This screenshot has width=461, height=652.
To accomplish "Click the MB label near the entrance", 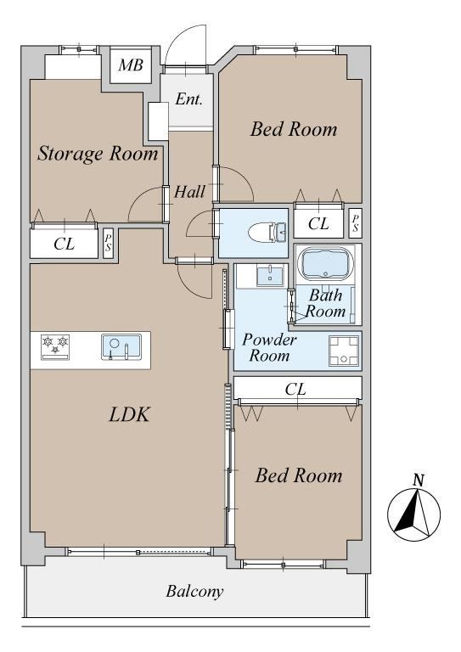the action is tap(131, 65).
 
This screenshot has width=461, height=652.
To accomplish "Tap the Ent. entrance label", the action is tap(188, 99).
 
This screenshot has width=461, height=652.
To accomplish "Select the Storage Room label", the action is tap(98, 155).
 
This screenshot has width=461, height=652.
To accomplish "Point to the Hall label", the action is tap(189, 192).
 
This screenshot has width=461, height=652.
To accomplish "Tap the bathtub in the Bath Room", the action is tap(325, 263).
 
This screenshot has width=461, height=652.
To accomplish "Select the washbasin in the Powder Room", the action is tap(270, 276).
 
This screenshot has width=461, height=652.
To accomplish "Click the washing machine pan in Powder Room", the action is tap(343, 351).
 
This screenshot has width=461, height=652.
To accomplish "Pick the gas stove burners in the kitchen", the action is tap(55, 346).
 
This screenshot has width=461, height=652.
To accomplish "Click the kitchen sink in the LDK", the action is tap(121, 346).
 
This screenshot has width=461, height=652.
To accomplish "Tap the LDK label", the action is tap(129, 414).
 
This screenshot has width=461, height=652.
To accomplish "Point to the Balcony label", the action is tap(194, 591).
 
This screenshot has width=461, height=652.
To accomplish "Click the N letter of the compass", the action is tap(419, 481).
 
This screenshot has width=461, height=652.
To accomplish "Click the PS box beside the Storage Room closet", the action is tap(108, 244).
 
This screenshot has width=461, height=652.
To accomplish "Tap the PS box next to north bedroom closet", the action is tap(356, 223).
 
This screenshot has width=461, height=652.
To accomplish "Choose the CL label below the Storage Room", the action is tap(64, 244).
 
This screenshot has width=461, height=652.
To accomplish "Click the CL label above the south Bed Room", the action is tap(295, 389).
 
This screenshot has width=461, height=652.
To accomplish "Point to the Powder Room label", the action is tap(269, 347).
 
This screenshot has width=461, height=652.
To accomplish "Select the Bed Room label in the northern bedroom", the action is tap(294, 129).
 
